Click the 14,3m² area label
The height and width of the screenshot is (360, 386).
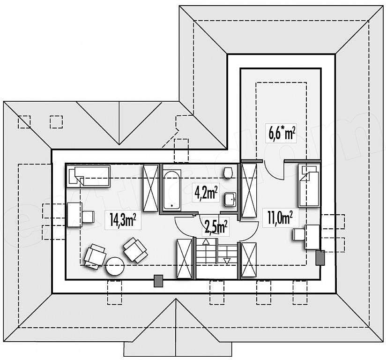(123, 220)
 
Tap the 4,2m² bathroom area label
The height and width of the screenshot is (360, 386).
(206, 194)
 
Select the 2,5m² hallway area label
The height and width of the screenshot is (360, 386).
(215, 227)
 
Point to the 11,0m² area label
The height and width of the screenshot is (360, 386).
(281, 218)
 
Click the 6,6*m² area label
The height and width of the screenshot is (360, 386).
(282, 133)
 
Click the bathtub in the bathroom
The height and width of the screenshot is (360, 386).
(172, 190)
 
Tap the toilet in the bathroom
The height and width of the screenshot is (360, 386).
(228, 172)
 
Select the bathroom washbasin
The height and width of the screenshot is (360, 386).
(230, 200)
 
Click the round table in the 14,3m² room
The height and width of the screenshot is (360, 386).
(115, 266)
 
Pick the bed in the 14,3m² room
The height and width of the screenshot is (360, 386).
(88, 176)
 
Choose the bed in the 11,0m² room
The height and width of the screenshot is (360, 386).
(309, 186)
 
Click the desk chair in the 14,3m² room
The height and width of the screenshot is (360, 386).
(88, 217)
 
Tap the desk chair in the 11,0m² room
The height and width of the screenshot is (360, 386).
(299, 234)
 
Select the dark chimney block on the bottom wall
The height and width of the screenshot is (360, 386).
(158, 281)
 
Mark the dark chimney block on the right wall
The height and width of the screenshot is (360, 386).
(320, 258)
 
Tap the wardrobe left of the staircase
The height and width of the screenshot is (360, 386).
(185, 259)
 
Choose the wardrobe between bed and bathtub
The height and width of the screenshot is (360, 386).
(151, 188)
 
